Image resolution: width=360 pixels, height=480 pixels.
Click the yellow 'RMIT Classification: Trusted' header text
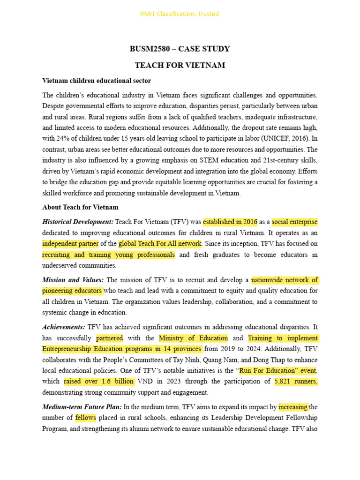click(x=180, y=14)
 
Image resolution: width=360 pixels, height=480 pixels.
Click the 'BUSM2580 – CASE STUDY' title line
click(x=180, y=49)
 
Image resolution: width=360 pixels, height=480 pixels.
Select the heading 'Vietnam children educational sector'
click(x=97, y=81)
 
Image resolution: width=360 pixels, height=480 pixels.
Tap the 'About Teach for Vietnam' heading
click(x=80, y=207)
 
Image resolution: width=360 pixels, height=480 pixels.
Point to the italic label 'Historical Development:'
click(x=78, y=222)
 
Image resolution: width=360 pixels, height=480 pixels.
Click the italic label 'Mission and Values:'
click(x=73, y=280)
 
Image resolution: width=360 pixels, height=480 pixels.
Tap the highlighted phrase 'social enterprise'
click(x=294, y=222)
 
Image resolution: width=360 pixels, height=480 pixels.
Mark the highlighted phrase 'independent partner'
click(x=70, y=244)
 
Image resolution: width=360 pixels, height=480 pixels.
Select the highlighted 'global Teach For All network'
click(x=160, y=244)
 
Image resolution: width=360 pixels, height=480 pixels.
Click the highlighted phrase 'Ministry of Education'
click(x=193, y=338)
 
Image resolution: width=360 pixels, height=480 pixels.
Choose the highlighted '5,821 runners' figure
click(x=296, y=382)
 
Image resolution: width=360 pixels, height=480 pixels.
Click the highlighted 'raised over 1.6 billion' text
click(x=99, y=382)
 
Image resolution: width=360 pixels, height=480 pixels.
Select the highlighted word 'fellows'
click(x=85, y=418)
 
